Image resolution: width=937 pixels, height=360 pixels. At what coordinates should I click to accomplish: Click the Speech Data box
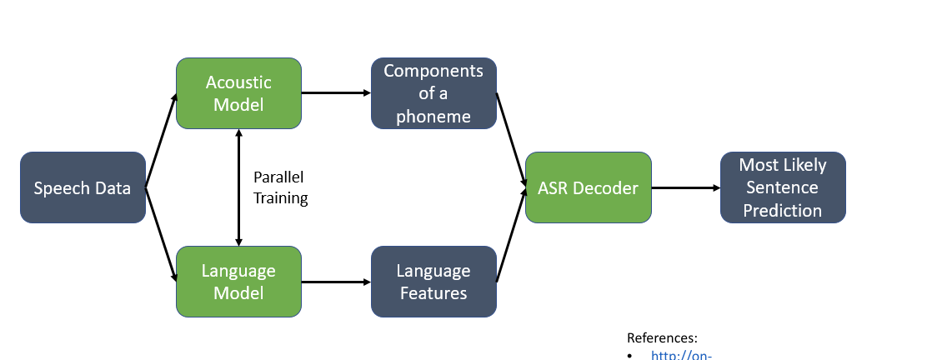coord(83,187)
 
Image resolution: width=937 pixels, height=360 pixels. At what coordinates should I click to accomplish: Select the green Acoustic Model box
coord(238,93)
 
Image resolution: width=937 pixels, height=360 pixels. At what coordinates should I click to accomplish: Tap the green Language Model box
coord(238,282)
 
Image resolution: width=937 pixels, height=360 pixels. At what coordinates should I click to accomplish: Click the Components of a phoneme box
coord(433,93)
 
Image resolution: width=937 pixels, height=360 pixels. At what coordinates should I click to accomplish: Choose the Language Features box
coord(433,282)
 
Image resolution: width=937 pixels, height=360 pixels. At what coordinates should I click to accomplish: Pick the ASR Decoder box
coord(588,187)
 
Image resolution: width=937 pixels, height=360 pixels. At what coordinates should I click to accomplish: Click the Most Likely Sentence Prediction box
coord(783,187)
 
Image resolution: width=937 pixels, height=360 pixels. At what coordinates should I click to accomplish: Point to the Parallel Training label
coord(280,188)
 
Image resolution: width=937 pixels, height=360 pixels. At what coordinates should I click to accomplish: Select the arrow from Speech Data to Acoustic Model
coord(162,141)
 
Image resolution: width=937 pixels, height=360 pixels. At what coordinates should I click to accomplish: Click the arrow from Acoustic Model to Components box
coord(336,93)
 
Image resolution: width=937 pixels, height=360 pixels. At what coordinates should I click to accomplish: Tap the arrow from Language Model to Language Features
coord(336,282)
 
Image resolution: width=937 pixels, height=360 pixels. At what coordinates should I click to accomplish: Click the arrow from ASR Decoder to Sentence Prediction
coord(685,187)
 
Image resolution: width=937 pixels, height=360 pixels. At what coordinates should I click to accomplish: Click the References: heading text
coord(662,338)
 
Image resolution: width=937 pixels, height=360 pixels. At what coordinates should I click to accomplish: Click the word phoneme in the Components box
coord(433,116)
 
